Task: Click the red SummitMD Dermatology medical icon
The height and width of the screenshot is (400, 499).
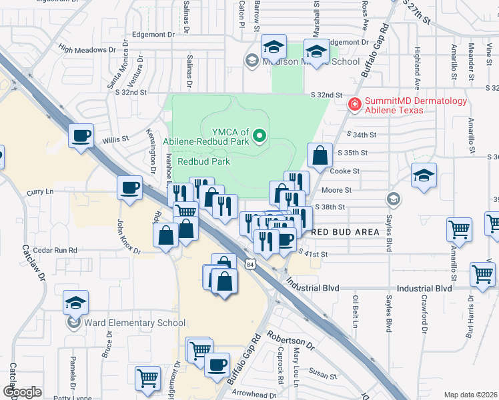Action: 354,103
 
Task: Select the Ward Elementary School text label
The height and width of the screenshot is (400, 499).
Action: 134,323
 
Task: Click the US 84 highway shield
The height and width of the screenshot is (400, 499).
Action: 249,264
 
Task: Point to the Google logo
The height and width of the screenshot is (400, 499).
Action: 22,392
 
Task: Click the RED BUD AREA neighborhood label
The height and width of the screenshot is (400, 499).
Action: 346,232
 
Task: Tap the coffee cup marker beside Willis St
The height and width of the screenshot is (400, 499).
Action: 81,136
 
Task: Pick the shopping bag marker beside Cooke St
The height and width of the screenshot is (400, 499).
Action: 320,155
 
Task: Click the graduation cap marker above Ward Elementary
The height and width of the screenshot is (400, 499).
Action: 76,302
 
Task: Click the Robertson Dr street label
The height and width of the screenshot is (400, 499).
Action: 290,339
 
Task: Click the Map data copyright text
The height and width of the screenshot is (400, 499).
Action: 471,395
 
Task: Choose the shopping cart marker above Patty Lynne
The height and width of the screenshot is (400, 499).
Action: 147,377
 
